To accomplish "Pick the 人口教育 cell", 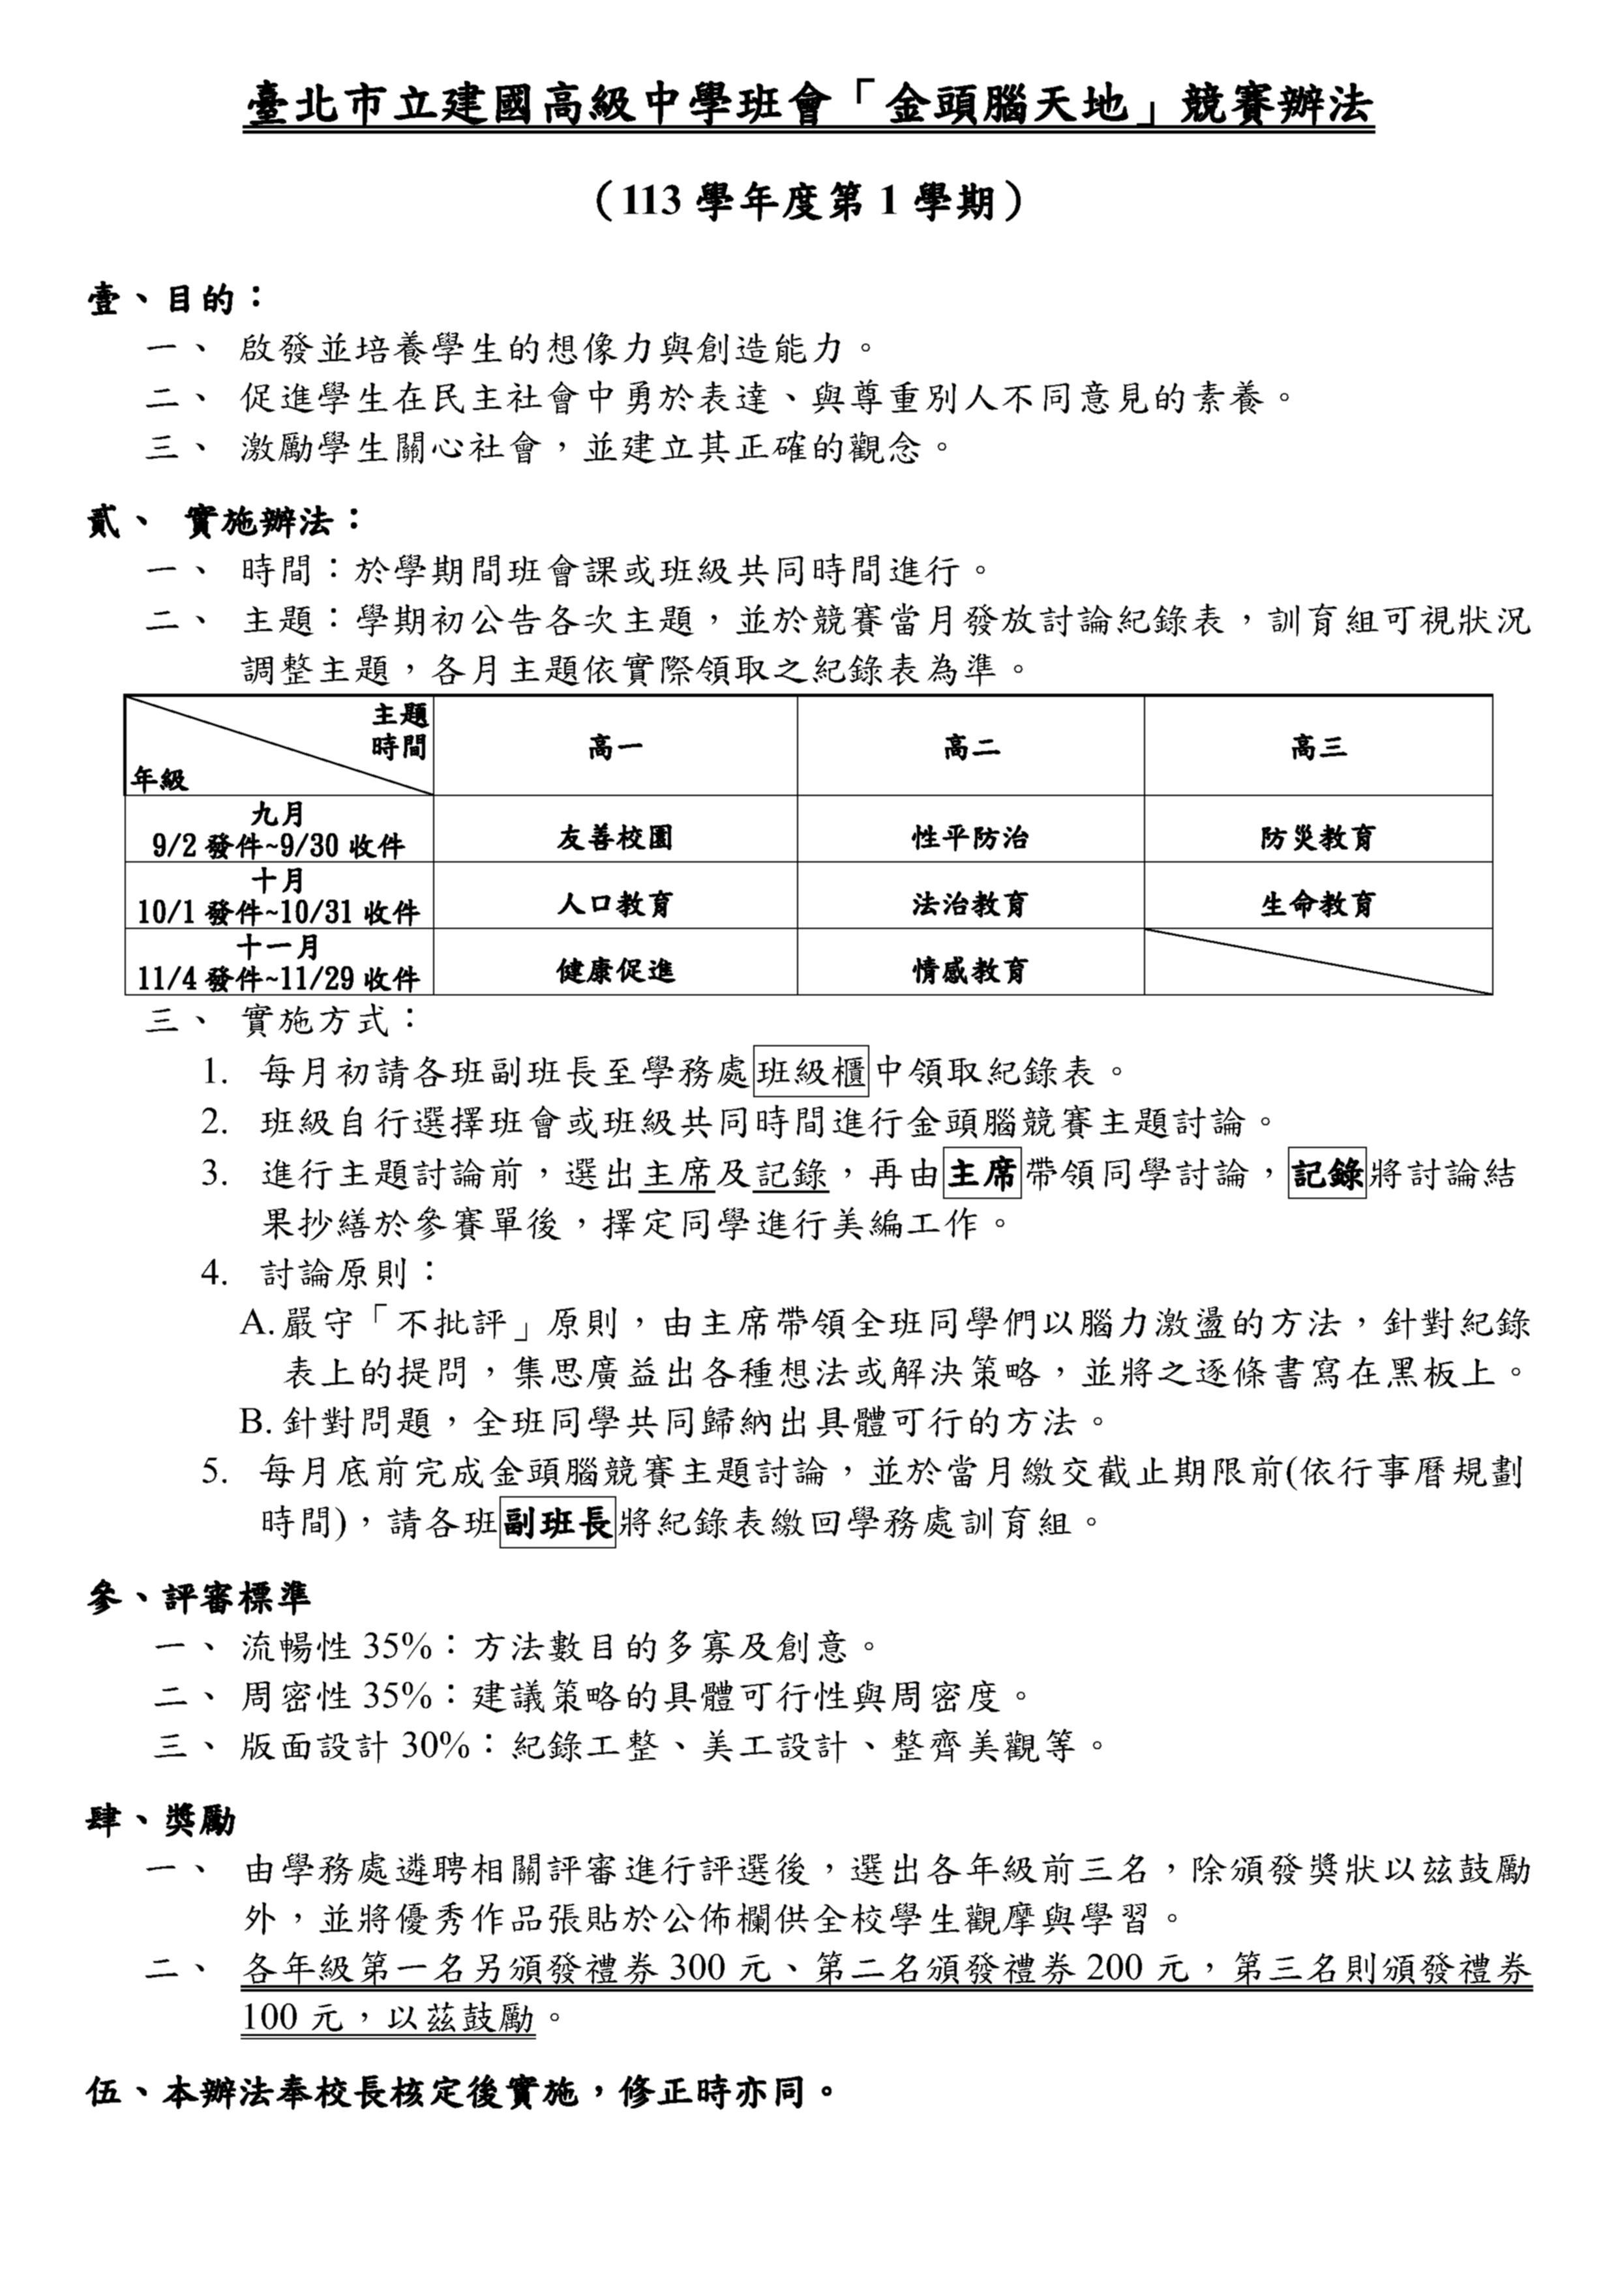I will pyautogui.click(x=615, y=904).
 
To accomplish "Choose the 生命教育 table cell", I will pyautogui.click(x=1317, y=904).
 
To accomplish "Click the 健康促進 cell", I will pyautogui.click(x=615, y=970).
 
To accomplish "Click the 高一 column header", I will pyautogui.click(x=615, y=747).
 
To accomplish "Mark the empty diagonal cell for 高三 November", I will pyautogui.click(x=1317, y=962).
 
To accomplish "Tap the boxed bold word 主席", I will pyautogui.click(x=982, y=1173).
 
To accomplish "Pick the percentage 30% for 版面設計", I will pyautogui.click(x=434, y=1745).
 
